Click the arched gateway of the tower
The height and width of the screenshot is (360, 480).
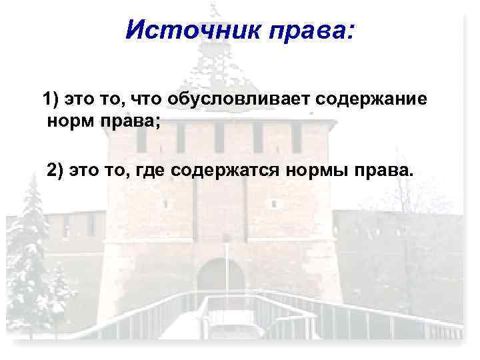click(x=221, y=280)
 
